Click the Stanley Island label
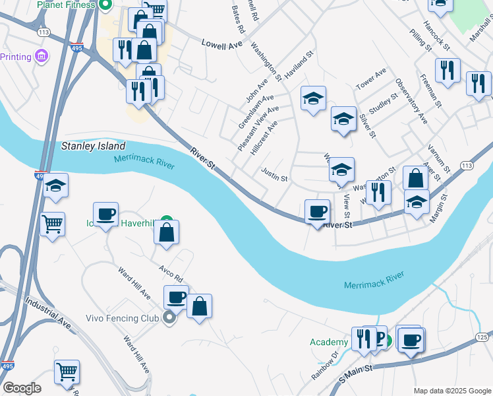(93, 145)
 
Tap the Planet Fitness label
(66, 5)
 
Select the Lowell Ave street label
(222, 45)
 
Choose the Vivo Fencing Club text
(123, 318)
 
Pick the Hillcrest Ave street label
(264, 137)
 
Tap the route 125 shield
(482, 337)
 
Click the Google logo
(21, 388)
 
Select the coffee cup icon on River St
(318, 211)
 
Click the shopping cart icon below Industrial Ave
(67, 372)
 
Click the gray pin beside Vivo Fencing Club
(169, 318)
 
